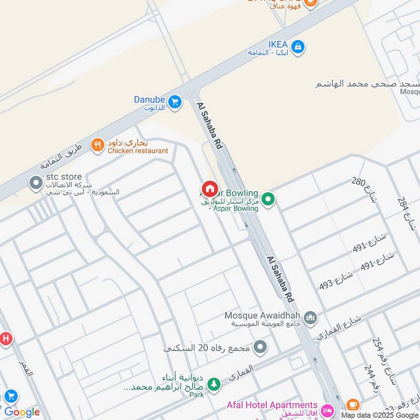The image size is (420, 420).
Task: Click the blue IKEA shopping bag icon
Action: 298,47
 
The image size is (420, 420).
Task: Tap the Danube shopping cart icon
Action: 175,100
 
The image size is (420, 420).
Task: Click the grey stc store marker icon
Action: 36,183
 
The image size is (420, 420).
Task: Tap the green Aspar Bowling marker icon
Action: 268,199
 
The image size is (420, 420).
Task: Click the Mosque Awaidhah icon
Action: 311,318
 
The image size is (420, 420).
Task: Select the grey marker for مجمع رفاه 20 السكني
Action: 260,347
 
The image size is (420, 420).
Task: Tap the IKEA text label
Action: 278,45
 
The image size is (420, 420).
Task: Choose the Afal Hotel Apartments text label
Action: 272,405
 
